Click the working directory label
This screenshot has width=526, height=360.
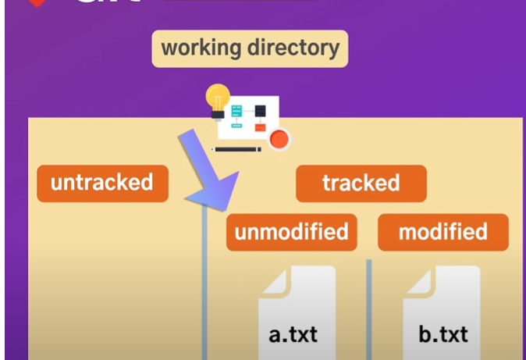click(x=250, y=48)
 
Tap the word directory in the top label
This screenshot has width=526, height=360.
click(x=294, y=48)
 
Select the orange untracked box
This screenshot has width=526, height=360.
click(x=102, y=184)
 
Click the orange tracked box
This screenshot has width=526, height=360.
click(x=361, y=184)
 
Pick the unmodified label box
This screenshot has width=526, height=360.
click(x=291, y=232)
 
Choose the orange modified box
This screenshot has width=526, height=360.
click(x=442, y=232)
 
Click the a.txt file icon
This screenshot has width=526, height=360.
click(x=297, y=312)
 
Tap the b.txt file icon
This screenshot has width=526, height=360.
click(x=442, y=312)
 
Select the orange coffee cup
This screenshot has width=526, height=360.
click(x=279, y=140)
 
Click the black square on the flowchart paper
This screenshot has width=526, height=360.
click(x=261, y=111)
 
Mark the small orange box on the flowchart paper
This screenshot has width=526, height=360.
click(x=260, y=127)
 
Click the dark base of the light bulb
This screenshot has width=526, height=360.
click(x=218, y=113)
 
